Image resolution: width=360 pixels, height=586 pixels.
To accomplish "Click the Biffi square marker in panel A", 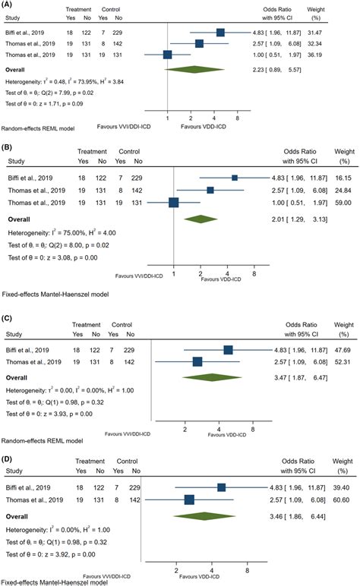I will click(220, 32).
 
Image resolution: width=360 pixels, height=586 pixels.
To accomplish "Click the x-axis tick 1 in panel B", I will click(175, 272).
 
